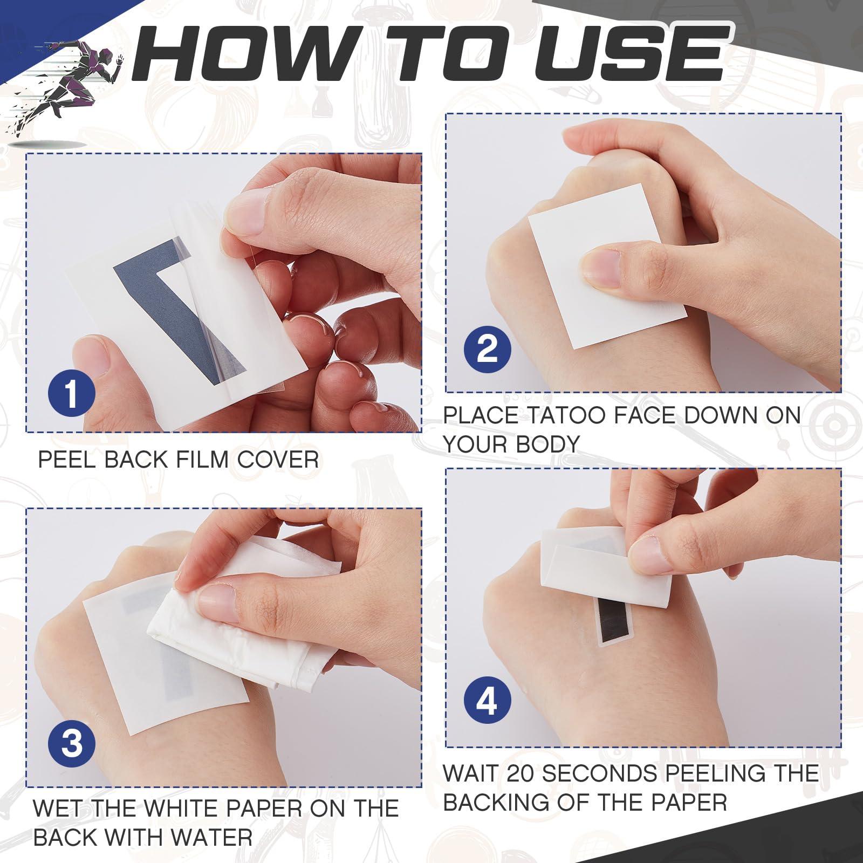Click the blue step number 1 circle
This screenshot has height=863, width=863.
72,394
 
